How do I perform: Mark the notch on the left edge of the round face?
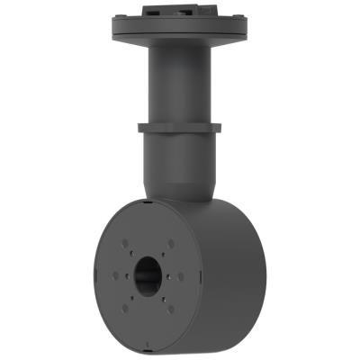point(92,272)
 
